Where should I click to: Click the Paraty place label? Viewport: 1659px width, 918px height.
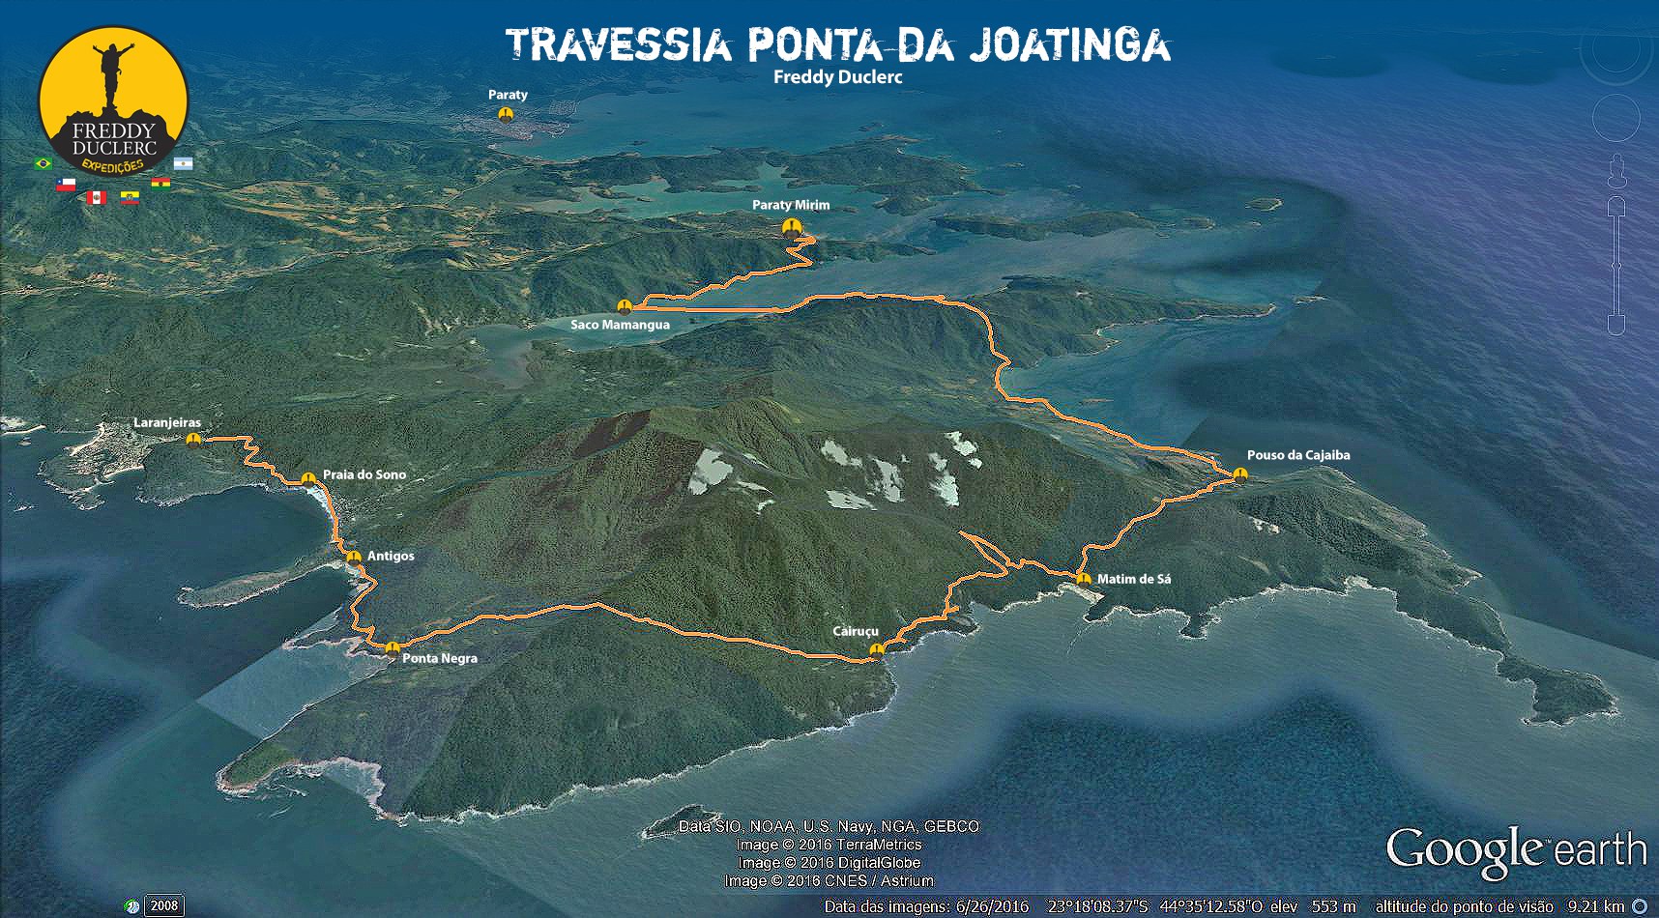(x=508, y=95)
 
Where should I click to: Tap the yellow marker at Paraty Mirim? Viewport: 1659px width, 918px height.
(x=792, y=227)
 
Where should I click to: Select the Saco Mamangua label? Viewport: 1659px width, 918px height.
(x=620, y=325)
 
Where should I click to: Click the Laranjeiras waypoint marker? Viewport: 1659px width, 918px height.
(x=194, y=440)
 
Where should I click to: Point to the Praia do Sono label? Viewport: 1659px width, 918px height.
(x=364, y=474)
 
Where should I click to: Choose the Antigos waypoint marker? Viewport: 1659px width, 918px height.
(x=354, y=557)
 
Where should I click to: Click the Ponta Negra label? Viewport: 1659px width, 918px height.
(x=440, y=658)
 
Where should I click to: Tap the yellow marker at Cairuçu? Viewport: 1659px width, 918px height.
(x=877, y=649)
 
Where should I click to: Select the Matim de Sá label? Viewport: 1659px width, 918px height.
(x=1134, y=579)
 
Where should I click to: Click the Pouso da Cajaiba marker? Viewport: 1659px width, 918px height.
(x=1240, y=473)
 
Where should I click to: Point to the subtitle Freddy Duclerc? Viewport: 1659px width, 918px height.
(x=837, y=77)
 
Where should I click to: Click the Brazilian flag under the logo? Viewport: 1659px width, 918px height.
(x=43, y=163)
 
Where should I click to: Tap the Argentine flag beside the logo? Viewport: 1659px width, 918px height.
(x=184, y=163)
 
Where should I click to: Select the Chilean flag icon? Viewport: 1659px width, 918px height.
(x=66, y=185)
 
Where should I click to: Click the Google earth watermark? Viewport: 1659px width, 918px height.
(x=1516, y=851)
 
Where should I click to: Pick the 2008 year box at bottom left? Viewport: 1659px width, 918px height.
(x=163, y=905)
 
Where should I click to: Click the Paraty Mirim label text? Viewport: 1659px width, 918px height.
(x=791, y=205)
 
